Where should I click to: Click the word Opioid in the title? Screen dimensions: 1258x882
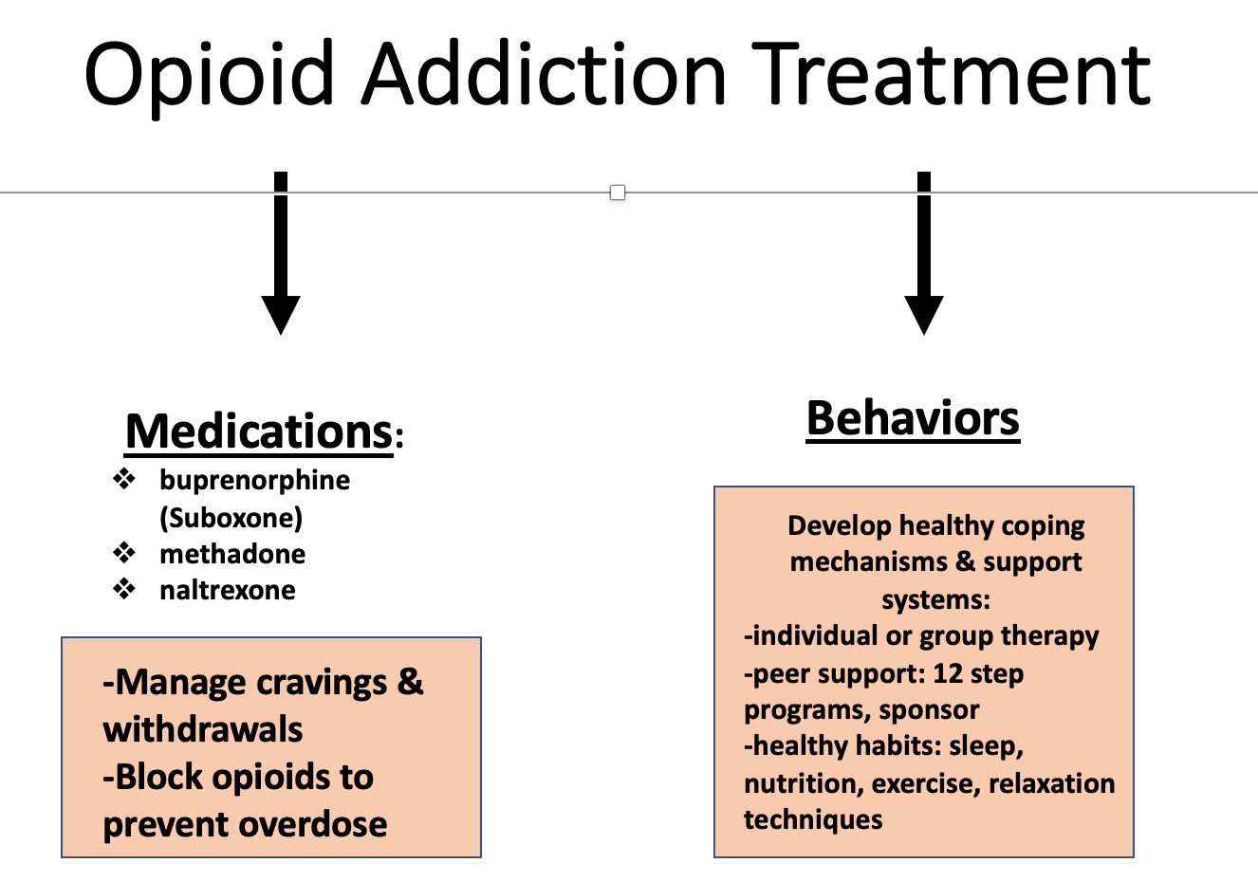(x=209, y=76)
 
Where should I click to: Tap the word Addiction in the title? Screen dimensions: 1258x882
(x=544, y=73)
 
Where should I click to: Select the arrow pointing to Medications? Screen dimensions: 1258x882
(x=281, y=252)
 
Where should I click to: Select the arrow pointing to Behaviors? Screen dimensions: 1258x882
(x=924, y=252)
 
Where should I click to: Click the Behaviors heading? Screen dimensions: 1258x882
(x=913, y=419)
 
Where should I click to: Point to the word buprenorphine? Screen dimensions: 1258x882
(x=254, y=482)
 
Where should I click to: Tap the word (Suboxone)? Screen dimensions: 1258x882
(x=231, y=518)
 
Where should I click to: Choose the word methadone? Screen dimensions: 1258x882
(x=232, y=555)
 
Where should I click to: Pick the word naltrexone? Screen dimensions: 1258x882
(x=228, y=591)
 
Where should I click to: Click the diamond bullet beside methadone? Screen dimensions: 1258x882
(x=124, y=553)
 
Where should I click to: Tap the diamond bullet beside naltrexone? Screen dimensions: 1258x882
(x=124, y=589)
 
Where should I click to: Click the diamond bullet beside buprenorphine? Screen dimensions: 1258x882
(x=124, y=479)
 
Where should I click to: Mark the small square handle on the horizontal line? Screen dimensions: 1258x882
(x=618, y=193)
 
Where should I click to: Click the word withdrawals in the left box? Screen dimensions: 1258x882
(x=203, y=730)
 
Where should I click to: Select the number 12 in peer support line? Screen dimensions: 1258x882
(x=948, y=673)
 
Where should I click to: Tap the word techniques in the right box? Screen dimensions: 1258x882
(x=813, y=820)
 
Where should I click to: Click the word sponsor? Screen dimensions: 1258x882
(x=929, y=710)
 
